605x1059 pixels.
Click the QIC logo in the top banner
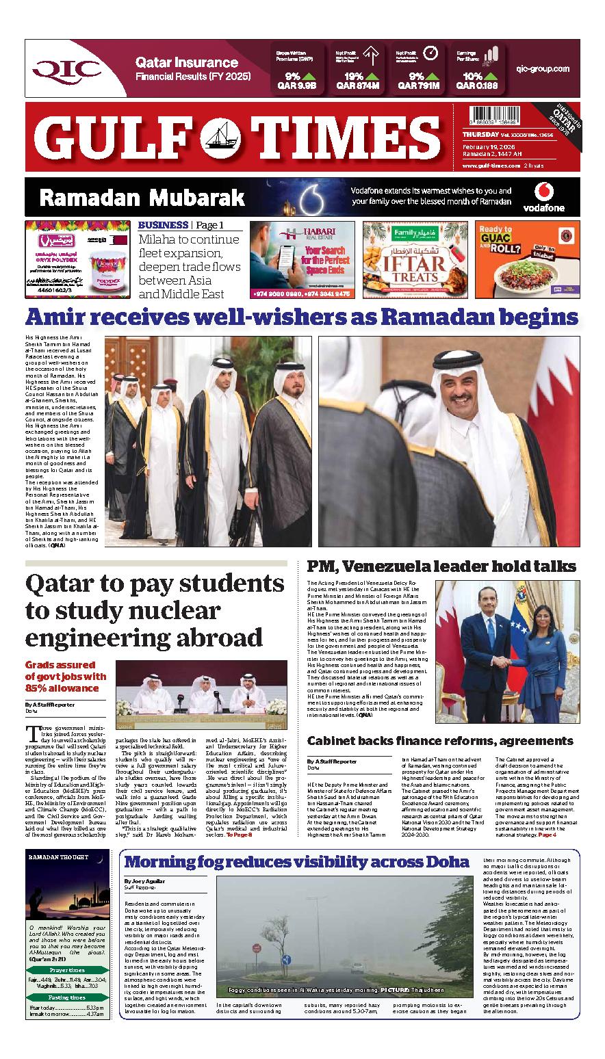67,68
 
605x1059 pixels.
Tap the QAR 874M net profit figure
357,86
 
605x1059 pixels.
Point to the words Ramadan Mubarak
142,198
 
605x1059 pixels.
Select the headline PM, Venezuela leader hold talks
441,566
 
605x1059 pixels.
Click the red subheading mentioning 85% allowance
66,676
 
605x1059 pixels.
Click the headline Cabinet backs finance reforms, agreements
439,741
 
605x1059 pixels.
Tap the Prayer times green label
67,970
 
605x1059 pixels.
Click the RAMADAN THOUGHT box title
59,857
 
